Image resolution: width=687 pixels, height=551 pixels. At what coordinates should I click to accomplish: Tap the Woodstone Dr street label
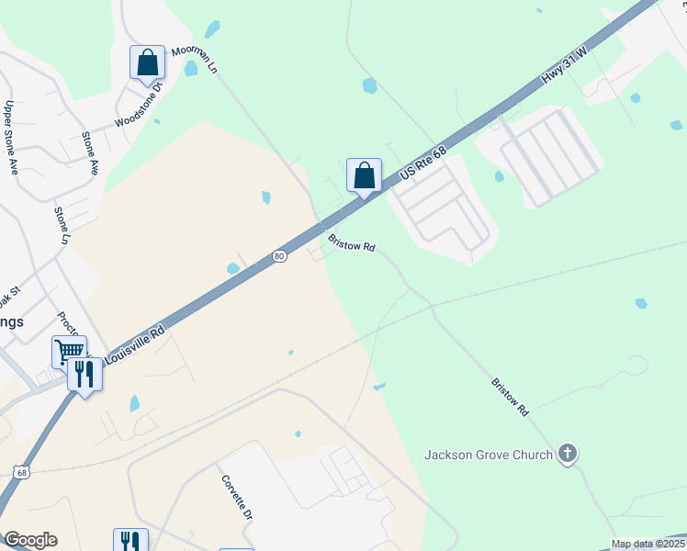pos(138,107)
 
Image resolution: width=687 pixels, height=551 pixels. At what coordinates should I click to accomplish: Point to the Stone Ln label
pos(62,225)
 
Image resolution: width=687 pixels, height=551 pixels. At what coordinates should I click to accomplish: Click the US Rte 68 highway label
pos(425,155)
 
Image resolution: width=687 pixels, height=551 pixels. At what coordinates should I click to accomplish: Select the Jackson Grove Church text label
pos(488,454)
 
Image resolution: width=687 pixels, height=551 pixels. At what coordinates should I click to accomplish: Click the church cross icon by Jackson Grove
pos(568,453)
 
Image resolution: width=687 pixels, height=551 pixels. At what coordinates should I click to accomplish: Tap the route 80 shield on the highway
pos(279,255)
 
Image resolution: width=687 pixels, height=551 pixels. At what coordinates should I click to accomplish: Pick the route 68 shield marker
pos(22,472)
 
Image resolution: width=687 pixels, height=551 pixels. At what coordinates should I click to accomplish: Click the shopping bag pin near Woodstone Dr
pos(147,62)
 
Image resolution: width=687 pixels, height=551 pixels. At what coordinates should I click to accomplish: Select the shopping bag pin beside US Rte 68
pos(365,174)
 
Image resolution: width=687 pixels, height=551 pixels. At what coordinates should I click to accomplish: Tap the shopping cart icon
pos(69,351)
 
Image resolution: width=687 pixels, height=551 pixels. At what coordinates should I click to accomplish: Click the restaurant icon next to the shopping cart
pos(84,374)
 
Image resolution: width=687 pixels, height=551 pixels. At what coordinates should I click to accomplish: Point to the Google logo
pos(30,540)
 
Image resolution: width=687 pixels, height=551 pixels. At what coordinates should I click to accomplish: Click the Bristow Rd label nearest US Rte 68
pos(352,243)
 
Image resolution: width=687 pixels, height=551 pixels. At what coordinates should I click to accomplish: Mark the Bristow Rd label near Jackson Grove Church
pos(511,397)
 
